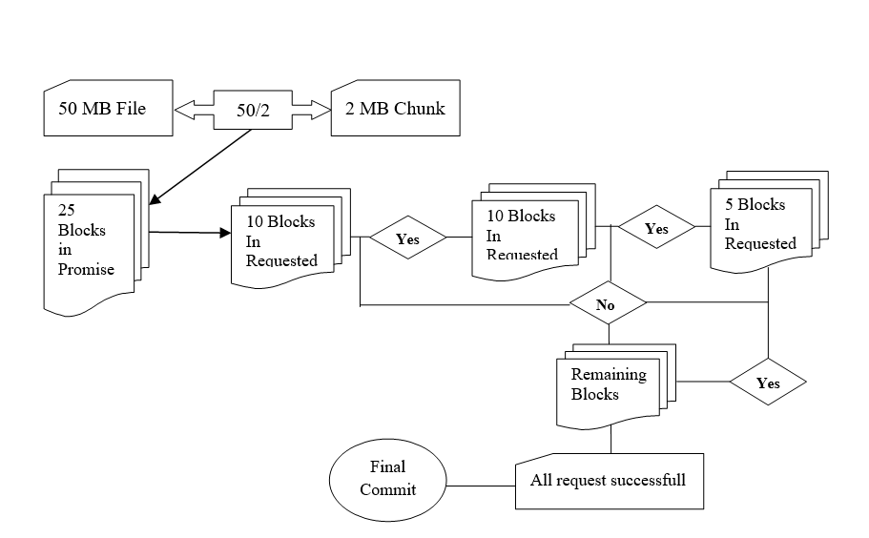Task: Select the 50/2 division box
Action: pos(252,110)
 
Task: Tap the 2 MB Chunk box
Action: pos(395,109)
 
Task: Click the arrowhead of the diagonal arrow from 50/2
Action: pos(155,200)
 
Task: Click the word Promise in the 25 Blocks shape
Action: pos(86,270)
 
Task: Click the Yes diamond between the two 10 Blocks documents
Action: pos(407,239)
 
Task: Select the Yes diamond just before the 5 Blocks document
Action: pos(656,228)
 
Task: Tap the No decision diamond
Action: pos(608,305)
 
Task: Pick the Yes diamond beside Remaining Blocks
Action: pos(768,383)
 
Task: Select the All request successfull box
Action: pos(609,481)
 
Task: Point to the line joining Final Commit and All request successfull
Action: pos(481,484)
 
